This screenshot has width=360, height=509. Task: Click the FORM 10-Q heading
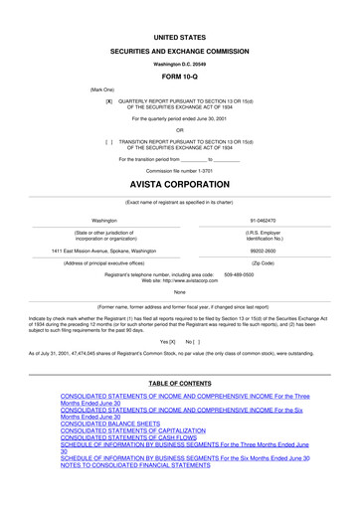click(x=179, y=76)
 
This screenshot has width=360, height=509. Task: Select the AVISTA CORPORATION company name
click(x=179, y=186)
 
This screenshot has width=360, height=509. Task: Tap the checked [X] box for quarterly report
click(x=108, y=101)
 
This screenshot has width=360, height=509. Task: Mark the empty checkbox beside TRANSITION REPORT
click(x=108, y=140)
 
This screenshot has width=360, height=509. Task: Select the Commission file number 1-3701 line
click(x=179, y=170)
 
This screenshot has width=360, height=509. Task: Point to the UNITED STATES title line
click(x=179, y=35)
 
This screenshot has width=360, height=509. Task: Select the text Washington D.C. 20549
click(x=179, y=62)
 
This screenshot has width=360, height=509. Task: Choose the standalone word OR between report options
click(x=179, y=129)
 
